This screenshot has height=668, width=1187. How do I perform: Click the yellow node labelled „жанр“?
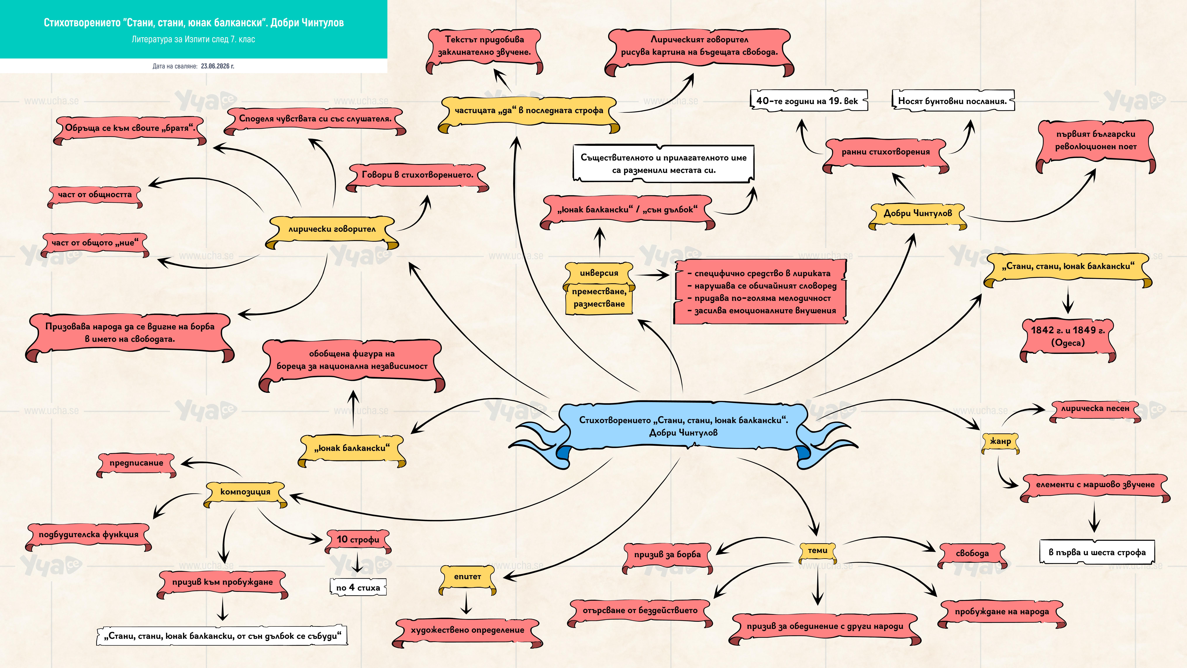click(1000, 442)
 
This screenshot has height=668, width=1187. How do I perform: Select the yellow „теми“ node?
click(817, 551)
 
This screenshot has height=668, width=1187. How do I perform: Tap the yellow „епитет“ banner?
click(467, 577)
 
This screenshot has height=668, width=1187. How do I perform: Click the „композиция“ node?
click(245, 492)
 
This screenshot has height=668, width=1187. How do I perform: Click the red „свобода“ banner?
click(972, 554)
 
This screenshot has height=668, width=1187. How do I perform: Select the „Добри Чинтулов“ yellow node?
click(917, 214)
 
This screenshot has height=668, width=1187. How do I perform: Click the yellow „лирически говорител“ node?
click(332, 230)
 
